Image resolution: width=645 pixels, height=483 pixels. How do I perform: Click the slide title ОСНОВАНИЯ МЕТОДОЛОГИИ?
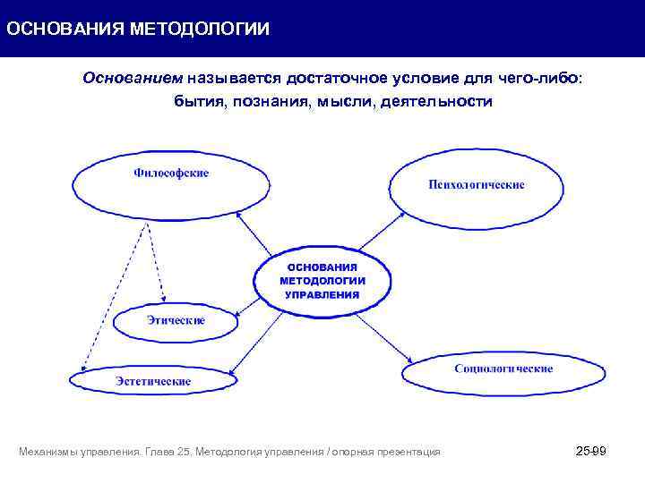137,29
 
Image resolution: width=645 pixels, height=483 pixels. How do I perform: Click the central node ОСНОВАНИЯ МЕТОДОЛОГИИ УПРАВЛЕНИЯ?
322,280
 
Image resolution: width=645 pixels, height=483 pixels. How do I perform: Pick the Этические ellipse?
176,321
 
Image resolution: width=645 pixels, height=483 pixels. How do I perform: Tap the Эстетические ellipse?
153,380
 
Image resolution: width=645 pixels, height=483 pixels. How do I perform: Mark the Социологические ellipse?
503,369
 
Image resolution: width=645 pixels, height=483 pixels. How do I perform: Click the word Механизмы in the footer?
47,453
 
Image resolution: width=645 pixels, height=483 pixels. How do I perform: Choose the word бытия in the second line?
198,101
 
